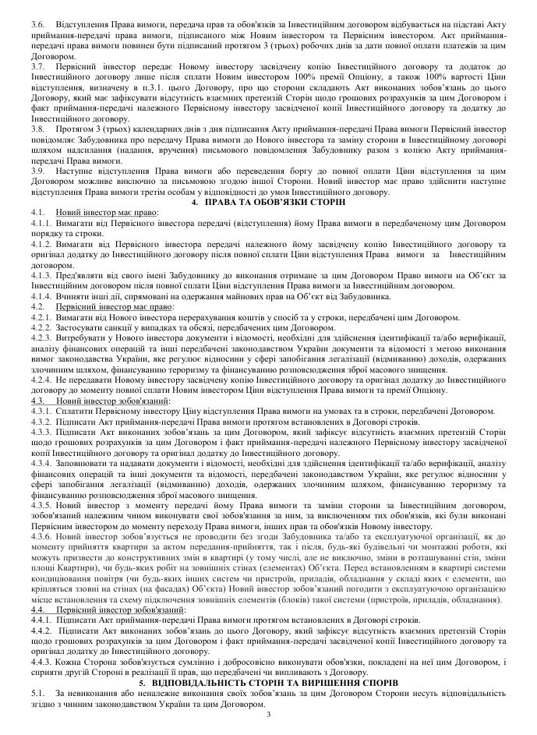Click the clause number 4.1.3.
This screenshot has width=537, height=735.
42,276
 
